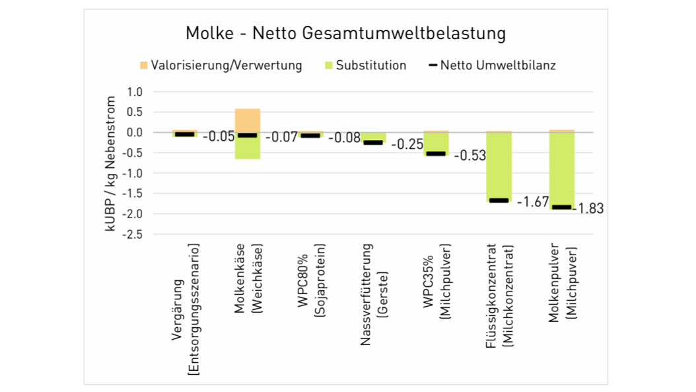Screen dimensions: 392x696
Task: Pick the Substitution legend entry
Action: [370, 65]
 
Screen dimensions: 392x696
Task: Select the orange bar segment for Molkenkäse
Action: [248, 120]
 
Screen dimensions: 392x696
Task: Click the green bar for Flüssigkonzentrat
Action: [499, 165]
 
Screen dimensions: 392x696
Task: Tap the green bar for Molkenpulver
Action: [561, 169]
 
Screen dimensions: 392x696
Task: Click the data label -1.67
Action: [532, 202]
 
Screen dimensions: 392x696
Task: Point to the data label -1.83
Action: [588, 209]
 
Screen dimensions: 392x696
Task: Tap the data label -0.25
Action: [407, 144]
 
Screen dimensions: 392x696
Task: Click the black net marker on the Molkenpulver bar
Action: [561, 207]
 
